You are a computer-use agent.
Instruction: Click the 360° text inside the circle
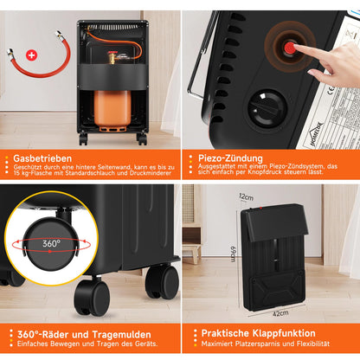pos(51,243)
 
